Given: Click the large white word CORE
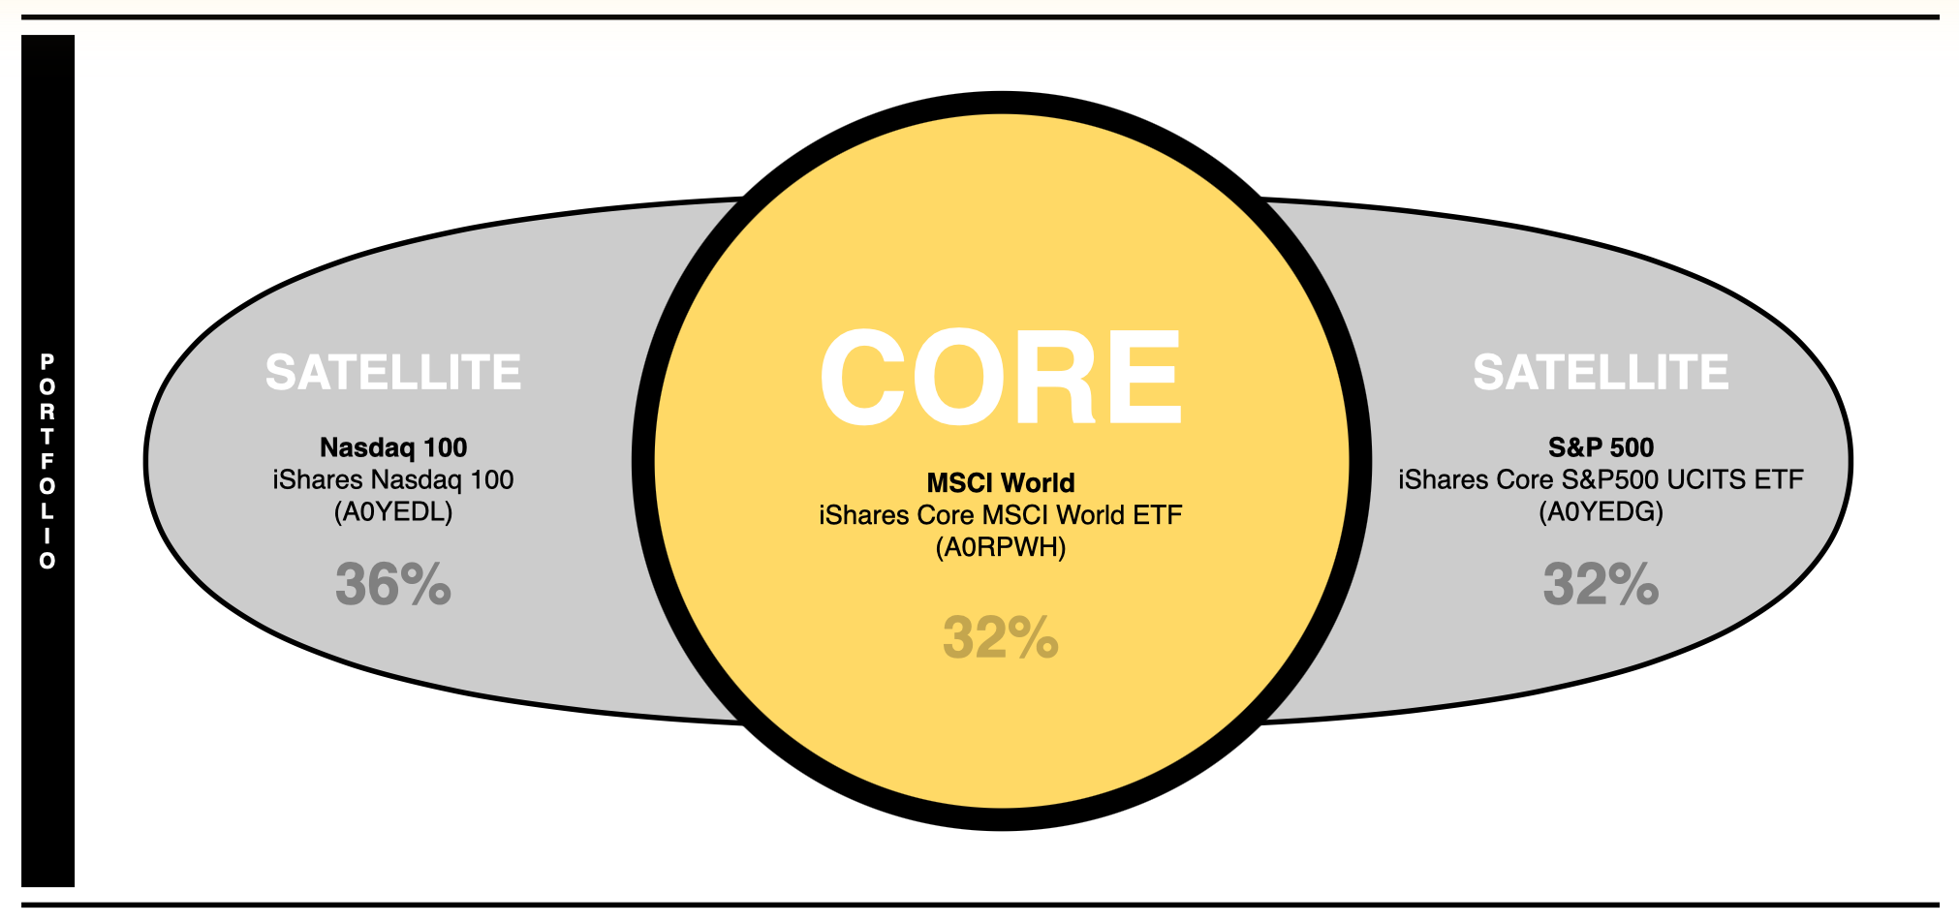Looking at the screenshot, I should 1000,377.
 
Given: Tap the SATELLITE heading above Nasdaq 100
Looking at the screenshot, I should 393,373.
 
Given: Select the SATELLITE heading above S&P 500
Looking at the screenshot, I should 1601,373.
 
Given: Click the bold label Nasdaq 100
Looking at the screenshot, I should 393,447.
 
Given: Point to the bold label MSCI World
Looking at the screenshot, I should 1001,482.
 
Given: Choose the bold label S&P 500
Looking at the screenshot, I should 1601,447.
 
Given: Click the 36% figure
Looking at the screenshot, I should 393,585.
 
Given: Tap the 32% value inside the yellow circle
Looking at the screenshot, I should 1001,637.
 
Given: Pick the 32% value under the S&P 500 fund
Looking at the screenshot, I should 1601,585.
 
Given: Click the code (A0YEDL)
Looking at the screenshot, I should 393,511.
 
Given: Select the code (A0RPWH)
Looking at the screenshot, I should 1001,547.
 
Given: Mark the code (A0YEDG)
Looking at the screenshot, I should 1601,511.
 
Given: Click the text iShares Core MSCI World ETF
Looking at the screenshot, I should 1001,515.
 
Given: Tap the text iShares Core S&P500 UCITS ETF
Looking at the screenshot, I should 1601,479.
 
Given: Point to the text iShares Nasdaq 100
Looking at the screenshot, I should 393,479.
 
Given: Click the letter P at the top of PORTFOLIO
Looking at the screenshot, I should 47,361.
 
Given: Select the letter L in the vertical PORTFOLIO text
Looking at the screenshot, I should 47,510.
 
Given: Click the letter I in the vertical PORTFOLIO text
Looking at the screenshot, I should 47,536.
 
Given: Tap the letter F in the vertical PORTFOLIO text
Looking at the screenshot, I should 47,461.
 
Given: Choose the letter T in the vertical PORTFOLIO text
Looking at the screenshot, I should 47,436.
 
